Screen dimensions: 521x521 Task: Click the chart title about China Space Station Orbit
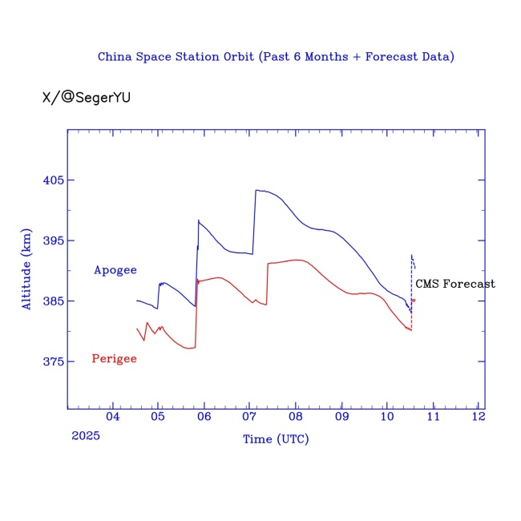[276, 57]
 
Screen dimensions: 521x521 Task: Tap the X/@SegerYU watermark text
[86, 98]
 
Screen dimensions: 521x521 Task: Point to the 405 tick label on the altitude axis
[53, 180]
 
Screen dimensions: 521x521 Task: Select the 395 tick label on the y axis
[53, 240]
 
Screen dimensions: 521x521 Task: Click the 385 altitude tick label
[53, 301]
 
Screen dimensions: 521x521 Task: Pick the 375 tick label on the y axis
[53, 361]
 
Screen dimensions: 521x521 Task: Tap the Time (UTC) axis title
[276, 439]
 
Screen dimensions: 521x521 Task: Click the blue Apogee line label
[115, 270]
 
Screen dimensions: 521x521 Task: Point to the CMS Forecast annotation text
[454, 284]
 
